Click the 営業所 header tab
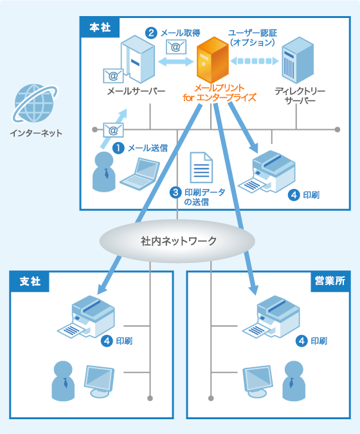point(328,281)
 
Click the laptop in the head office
point(139,174)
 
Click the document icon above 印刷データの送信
point(200,168)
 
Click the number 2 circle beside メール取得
point(150,32)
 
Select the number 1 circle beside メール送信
point(118,148)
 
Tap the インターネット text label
point(36,134)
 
